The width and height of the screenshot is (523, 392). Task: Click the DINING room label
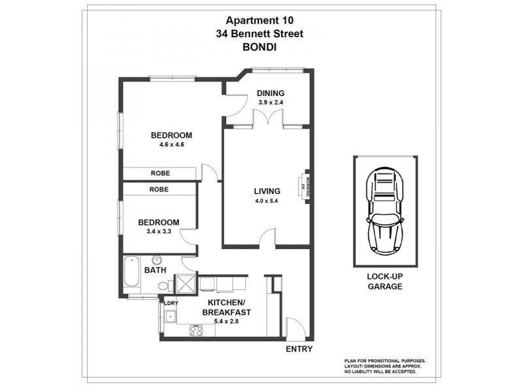269,93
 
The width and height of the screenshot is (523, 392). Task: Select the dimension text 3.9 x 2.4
269,103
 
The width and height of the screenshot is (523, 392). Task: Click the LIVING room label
267,191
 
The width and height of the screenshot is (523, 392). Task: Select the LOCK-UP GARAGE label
384,282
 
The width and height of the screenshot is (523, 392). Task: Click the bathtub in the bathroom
129,275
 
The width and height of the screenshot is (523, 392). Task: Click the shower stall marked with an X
186,285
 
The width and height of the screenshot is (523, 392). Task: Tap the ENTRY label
299,350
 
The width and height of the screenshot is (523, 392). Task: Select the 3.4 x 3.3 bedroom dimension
154,231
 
